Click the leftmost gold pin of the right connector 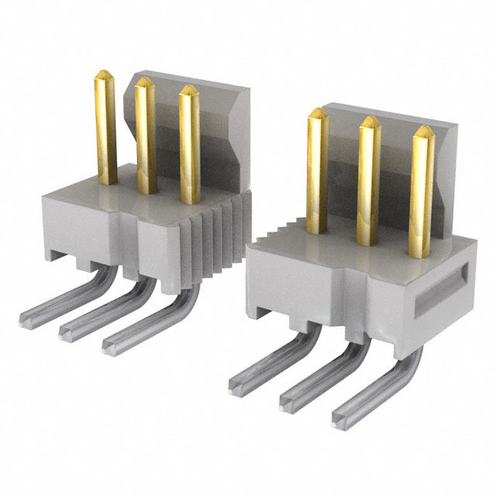pos(317,170)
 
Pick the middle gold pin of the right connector pos(368,182)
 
